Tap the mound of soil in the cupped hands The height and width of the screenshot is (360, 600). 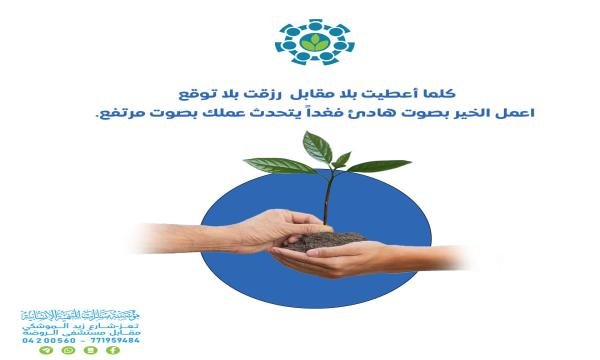click(x=330, y=241)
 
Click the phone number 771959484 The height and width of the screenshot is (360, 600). click(x=115, y=340)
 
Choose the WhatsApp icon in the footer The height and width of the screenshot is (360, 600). click(x=67, y=351)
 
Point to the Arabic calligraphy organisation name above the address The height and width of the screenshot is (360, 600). click(x=80, y=316)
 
